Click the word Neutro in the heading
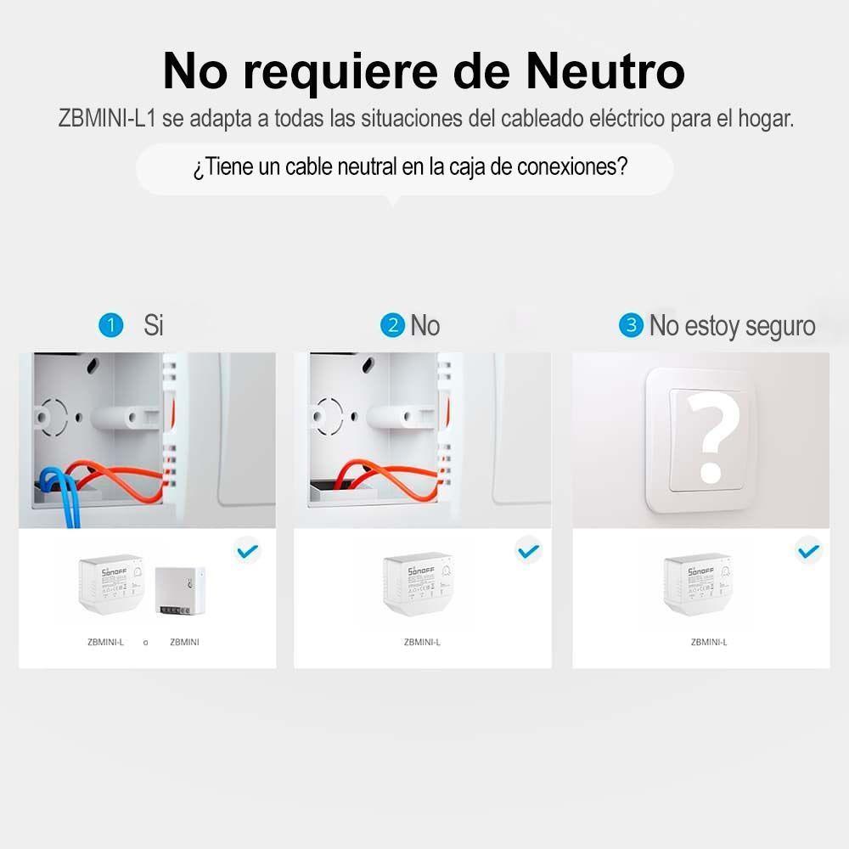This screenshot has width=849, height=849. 604,71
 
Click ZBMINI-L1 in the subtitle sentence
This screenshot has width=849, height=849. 107,119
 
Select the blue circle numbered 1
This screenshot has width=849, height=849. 111,325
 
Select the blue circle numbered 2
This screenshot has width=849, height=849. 392,325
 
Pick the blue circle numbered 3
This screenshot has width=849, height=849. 631,325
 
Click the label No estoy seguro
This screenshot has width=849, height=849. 732,325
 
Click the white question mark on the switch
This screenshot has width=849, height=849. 712,434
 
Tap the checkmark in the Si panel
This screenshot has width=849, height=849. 247,552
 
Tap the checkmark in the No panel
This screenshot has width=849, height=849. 528,552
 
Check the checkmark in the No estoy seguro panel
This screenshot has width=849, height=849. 808,552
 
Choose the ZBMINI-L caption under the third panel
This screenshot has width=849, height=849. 709,643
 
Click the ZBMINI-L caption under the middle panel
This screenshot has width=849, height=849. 422,643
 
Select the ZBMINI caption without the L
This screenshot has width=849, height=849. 184,643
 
